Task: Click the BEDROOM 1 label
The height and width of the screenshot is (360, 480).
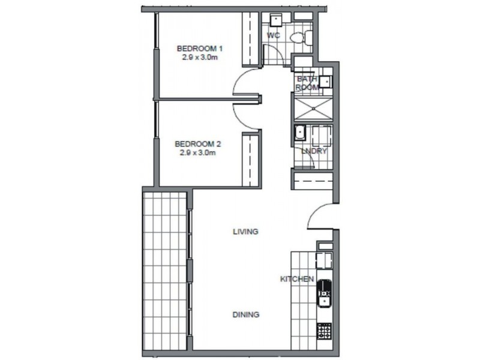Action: (x=199, y=48)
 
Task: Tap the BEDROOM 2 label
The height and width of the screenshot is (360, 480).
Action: (x=198, y=144)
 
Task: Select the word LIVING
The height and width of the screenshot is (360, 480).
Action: (x=245, y=231)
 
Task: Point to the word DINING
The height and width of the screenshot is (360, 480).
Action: (x=245, y=314)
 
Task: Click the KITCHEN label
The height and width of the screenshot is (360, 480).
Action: (x=297, y=279)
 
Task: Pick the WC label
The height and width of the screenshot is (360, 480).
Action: (x=274, y=35)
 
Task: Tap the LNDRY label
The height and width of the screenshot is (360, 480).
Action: (x=314, y=151)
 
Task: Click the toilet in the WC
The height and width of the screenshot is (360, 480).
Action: (x=300, y=38)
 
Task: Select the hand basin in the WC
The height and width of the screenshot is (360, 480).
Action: (x=276, y=21)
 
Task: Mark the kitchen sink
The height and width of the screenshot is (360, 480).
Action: (x=324, y=289)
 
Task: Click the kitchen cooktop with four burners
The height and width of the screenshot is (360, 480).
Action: (x=324, y=331)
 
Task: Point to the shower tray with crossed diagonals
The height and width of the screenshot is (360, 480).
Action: (x=312, y=109)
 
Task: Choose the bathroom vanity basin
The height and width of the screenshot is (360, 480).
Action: (x=325, y=82)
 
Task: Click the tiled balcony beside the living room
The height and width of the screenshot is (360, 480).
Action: (x=166, y=270)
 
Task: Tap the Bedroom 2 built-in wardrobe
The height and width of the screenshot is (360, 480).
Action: (x=250, y=160)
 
